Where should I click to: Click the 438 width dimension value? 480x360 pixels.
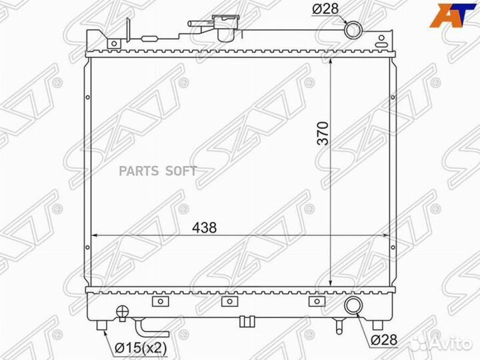pos(204,227)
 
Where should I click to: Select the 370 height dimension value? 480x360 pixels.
pos(323,133)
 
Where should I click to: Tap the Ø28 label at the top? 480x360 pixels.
pos(325,9)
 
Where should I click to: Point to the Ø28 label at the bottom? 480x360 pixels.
pos(384,340)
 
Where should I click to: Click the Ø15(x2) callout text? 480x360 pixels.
pos(141,347)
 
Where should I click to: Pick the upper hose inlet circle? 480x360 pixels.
pos(353,30)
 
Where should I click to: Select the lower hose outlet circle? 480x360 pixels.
pos(353,305)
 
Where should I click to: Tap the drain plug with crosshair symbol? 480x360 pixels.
pos(123,311)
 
